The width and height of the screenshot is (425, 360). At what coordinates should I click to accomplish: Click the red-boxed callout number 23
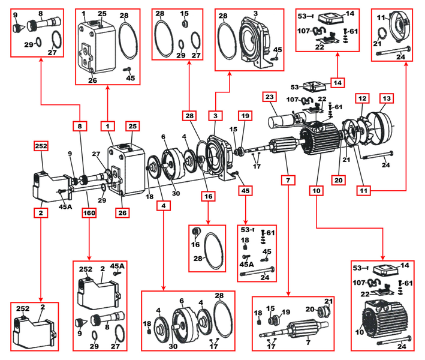pyautogui.click(x=269, y=97)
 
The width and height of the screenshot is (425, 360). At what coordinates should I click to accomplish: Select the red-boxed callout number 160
pyautogui.click(x=89, y=212)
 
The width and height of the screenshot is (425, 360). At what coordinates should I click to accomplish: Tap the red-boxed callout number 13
pyautogui.click(x=386, y=97)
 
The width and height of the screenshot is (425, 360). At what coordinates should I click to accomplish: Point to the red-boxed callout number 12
pyautogui.click(x=362, y=97)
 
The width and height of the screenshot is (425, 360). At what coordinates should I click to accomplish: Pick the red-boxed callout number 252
pyautogui.click(x=41, y=146)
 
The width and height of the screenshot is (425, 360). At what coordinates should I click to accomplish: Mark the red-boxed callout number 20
pyautogui.click(x=338, y=179)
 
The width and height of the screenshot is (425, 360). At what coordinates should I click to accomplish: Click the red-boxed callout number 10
pyautogui.click(x=316, y=191)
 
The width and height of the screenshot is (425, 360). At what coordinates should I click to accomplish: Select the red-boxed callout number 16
pyautogui.click(x=208, y=196)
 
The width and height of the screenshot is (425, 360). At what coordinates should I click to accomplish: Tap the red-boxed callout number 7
pyautogui.click(x=289, y=179)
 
